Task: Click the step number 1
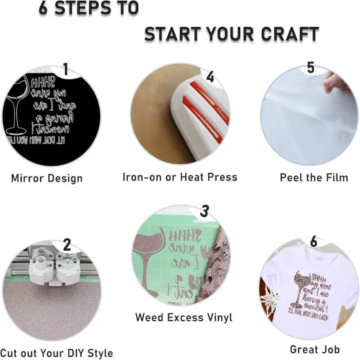(65, 69)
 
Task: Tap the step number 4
(209, 77)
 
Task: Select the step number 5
(310, 68)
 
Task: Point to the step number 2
(67, 245)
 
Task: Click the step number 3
(204, 211)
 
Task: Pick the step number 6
(314, 242)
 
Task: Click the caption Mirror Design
(47, 177)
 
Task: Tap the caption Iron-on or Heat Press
(180, 177)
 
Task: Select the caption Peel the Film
(314, 177)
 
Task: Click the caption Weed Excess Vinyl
(183, 317)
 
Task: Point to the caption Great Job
(315, 350)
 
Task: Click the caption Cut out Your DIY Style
(57, 353)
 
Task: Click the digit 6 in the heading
(45, 9)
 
